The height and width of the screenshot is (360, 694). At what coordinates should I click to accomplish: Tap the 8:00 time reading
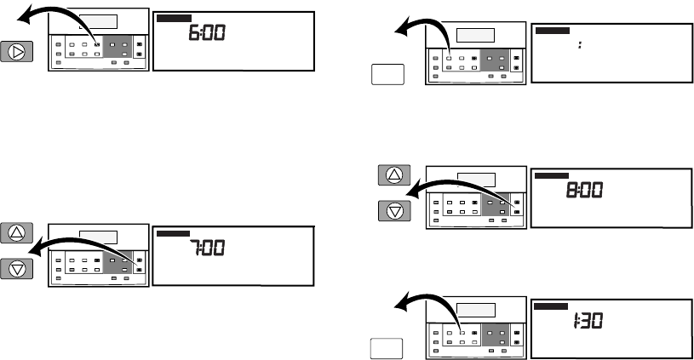(x=585, y=191)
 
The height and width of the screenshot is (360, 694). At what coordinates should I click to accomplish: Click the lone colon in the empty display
(x=579, y=45)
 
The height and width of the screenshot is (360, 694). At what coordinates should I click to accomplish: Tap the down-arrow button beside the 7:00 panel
(x=18, y=267)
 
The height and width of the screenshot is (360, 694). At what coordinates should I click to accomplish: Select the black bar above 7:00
(x=173, y=231)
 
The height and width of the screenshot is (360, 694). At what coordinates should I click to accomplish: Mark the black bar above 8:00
(x=551, y=175)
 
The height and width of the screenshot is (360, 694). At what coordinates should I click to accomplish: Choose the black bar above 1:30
(x=551, y=306)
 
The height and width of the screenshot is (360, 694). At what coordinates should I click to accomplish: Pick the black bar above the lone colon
(x=552, y=30)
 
